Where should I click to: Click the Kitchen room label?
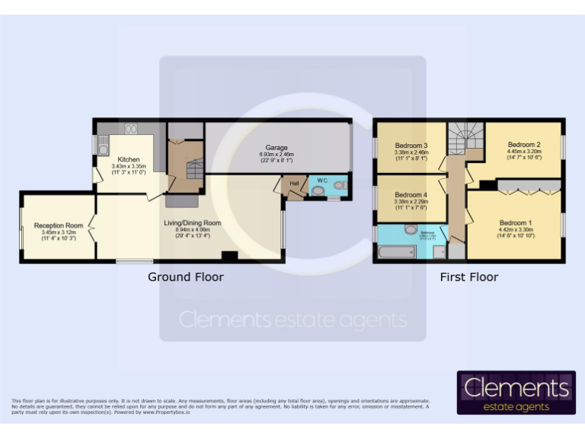pos(128,159)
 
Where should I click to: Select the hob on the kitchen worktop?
pos(130,129)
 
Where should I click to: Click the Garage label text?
pos(276,147)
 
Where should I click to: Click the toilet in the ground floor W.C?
pos(318,191)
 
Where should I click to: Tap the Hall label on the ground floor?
pos(292,183)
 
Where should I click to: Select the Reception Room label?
pos(58,226)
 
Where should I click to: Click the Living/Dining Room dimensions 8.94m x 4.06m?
pos(192,229)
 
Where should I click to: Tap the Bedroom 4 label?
pos(411,194)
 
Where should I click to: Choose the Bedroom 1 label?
pos(515,223)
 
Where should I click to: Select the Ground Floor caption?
pos(186,277)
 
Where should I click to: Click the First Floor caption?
pos(468,277)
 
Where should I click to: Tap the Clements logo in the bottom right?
pos(516,393)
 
